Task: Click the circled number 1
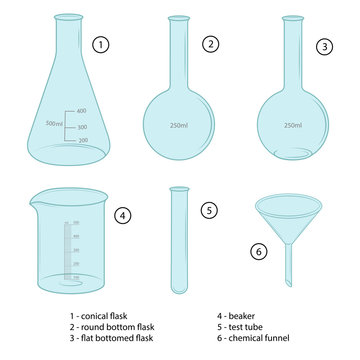(99, 45)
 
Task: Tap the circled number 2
(209, 44)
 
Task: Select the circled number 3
(323, 46)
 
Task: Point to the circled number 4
(122, 214)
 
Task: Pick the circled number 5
(208, 210)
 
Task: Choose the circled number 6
(259, 251)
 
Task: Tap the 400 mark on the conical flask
(81, 110)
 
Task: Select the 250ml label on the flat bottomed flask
(293, 125)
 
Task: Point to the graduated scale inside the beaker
(70, 250)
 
